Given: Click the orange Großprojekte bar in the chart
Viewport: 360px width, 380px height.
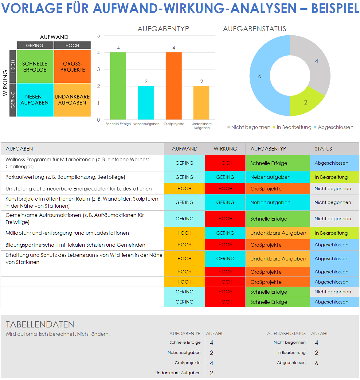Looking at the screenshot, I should (x=174, y=86).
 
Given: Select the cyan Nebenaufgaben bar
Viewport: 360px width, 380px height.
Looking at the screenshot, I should (x=146, y=103).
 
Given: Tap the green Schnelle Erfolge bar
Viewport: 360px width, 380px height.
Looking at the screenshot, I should (x=118, y=86).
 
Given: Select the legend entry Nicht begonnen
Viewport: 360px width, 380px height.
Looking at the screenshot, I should (x=251, y=127).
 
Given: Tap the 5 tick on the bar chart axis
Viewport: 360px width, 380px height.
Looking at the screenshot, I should (x=99, y=36).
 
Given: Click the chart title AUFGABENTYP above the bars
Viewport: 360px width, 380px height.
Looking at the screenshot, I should (x=163, y=29).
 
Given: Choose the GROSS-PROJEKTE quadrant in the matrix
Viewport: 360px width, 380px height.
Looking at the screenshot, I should (x=72, y=67).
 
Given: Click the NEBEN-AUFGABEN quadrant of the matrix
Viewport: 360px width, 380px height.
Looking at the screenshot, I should (x=35, y=100).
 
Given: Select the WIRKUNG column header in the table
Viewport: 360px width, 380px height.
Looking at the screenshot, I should (x=225, y=149).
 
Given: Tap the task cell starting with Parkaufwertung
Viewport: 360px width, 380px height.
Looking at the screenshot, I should (x=65, y=177).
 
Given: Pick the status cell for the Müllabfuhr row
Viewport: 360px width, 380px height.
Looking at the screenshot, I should (x=334, y=233).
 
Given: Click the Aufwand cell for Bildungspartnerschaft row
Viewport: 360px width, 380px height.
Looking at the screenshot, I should (x=184, y=245).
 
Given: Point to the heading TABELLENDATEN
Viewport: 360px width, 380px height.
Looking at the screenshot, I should (x=40, y=324).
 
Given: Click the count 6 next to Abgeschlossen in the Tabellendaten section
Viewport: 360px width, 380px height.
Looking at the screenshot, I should (x=317, y=363).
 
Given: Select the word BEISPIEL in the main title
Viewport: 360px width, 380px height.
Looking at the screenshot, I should (x=335, y=8).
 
